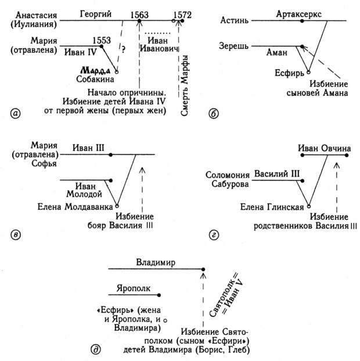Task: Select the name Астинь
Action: tap(235, 21)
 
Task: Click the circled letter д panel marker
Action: tap(95, 348)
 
